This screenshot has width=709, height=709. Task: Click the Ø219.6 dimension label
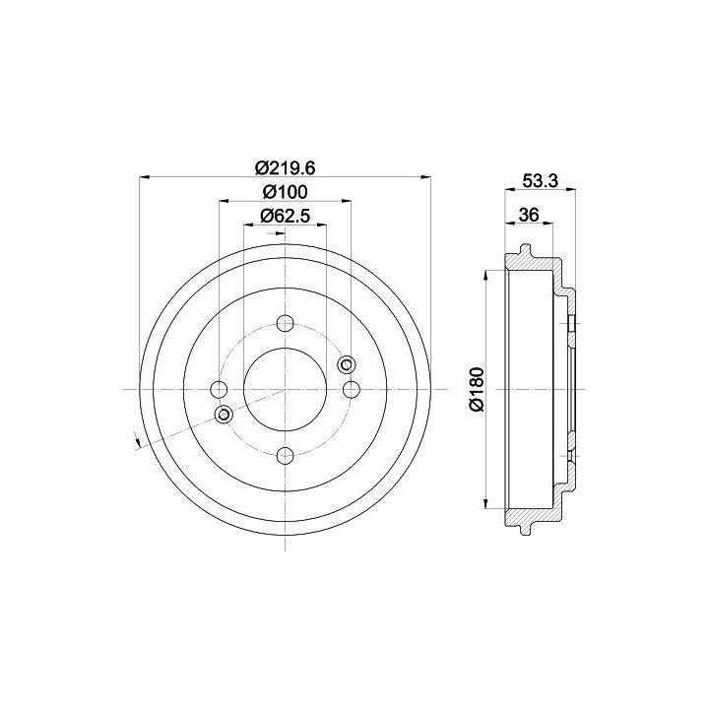point(285,168)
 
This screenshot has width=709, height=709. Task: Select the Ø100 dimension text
point(285,192)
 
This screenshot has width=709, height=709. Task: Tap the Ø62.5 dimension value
point(285,216)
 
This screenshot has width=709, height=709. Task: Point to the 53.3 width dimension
point(541,181)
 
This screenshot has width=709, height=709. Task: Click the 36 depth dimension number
point(529,215)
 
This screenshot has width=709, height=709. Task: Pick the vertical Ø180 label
point(477,389)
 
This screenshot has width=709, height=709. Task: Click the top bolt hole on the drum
point(285,323)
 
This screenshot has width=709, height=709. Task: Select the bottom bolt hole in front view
point(285,455)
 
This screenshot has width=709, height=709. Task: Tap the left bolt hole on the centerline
point(220,389)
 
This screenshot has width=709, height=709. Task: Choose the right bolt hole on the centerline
point(351,389)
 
